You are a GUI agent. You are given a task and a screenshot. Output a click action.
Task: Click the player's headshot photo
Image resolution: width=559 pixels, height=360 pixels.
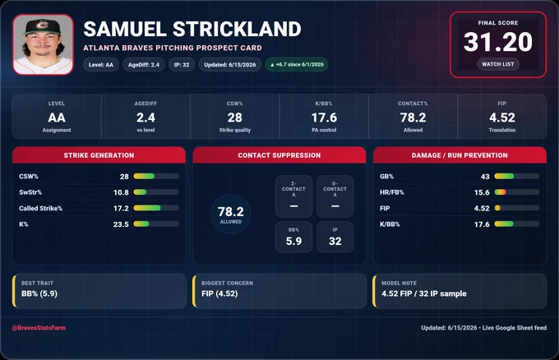coord(43,44)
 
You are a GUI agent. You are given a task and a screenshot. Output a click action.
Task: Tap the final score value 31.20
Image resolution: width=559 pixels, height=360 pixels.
coord(497,42)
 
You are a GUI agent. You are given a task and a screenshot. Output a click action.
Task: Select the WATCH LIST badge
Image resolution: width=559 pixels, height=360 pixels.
coord(498,64)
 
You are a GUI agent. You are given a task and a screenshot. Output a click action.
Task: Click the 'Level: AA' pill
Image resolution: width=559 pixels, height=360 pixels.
coord(101,65)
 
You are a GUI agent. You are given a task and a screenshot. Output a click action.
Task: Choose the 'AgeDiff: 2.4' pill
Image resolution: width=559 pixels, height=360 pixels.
coord(144,65)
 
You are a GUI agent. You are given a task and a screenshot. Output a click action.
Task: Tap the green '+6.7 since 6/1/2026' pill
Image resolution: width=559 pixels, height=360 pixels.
coord(297,64)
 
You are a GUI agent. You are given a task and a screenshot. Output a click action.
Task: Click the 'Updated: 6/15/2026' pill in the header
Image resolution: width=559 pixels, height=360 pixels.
coord(230,65)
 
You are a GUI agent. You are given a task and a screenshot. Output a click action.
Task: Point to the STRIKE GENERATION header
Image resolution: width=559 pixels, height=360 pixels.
coord(99,155)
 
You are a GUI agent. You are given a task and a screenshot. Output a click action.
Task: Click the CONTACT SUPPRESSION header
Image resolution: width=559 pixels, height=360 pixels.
coord(279,155)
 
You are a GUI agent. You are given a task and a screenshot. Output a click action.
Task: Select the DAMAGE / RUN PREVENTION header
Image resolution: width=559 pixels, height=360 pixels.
coord(460,155)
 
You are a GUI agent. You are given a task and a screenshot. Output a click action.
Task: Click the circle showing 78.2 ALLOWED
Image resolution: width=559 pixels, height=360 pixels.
coord(231,214)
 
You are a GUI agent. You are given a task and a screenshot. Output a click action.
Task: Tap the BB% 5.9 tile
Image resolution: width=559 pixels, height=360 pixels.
coord(293,237)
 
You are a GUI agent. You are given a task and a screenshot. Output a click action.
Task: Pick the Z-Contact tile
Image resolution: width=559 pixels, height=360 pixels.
coord(293,196)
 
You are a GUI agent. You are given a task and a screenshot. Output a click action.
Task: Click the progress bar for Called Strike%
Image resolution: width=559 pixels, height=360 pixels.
coord(156,208)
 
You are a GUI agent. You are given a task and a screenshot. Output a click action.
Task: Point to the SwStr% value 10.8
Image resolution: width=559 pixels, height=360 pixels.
coord(121,192)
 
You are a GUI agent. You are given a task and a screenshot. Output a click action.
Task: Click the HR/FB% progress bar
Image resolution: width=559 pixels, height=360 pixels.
coord(517,192)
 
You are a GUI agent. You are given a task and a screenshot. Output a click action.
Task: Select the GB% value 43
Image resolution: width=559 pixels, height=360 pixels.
coord(485,177)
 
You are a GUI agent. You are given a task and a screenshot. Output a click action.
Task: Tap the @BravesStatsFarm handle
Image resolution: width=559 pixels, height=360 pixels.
coord(39,328)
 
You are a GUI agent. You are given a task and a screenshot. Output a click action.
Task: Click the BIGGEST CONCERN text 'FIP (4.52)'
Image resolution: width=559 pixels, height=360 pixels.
coord(219,293)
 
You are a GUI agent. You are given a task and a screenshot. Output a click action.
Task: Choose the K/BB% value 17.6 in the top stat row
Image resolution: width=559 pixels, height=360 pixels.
coord(324,118)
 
